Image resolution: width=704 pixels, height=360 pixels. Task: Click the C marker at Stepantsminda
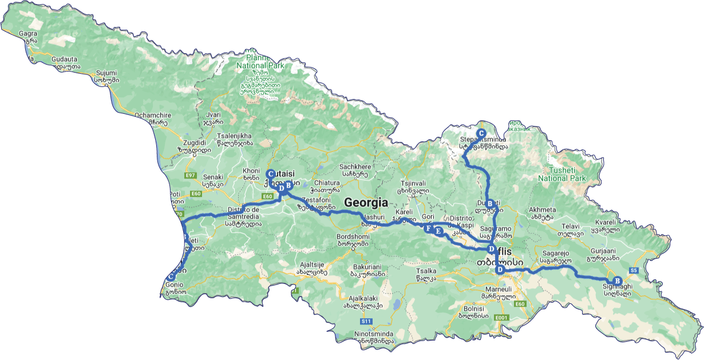pyautogui.click(x=481, y=133)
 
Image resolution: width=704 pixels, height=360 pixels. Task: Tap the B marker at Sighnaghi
pyautogui.click(x=617, y=280)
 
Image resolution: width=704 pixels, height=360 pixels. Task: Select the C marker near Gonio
pyautogui.click(x=170, y=277)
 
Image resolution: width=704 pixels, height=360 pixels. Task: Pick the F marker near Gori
pyautogui.click(x=428, y=228)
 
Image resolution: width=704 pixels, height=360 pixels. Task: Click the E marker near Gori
pyautogui.click(x=438, y=232)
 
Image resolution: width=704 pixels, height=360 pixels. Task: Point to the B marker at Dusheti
pyautogui.click(x=489, y=204)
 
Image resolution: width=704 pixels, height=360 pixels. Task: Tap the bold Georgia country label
pyautogui.click(x=366, y=203)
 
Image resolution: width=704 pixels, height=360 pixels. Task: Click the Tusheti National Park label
pyautogui.click(x=562, y=174)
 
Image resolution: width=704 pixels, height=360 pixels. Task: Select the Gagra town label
pyautogui.click(x=28, y=34)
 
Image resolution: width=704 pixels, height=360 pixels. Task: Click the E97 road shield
pyautogui.click(x=190, y=175)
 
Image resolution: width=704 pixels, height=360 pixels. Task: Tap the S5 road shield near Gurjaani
pyautogui.click(x=634, y=270)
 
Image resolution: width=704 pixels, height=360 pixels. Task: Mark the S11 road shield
pyautogui.click(x=366, y=322)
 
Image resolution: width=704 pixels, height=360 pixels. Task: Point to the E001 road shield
pyautogui.click(x=501, y=318)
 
